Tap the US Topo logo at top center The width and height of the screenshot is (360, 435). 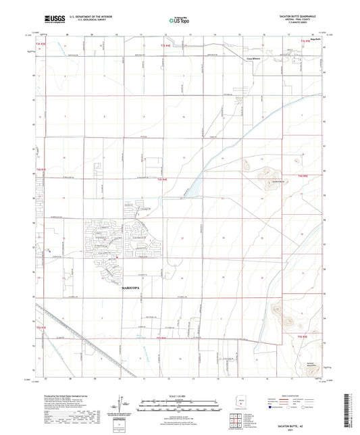(x=179, y=20)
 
